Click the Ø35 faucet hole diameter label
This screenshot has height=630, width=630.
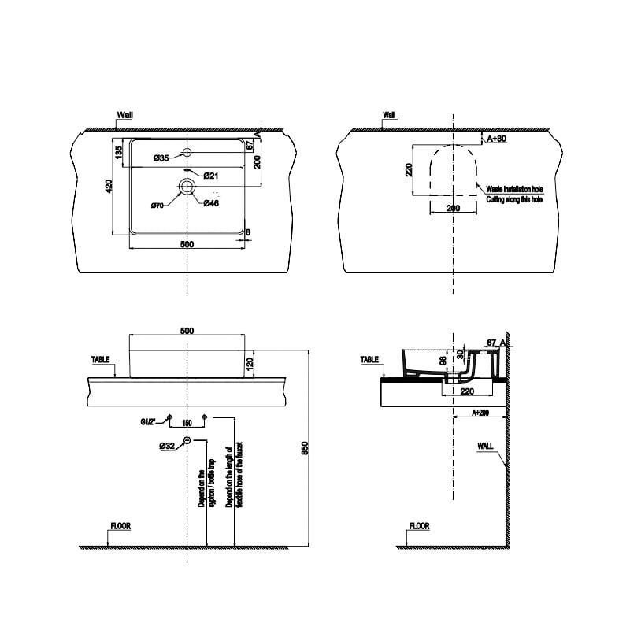[x=161, y=159]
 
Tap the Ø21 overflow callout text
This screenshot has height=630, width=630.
[x=210, y=175]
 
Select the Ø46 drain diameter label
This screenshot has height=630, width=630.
[x=210, y=204]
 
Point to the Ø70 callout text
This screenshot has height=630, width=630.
[x=157, y=206]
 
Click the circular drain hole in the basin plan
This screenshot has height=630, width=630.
[x=187, y=187]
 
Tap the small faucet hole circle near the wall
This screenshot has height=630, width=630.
[x=187, y=151]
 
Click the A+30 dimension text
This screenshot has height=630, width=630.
[x=496, y=139]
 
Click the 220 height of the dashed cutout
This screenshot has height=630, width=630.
[x=409, y=170]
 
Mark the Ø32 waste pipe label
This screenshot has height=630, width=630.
[x=166, y=446]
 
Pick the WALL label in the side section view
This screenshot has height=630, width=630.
[x=486, y=446]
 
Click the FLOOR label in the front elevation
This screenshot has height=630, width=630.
[x=120, y=526]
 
